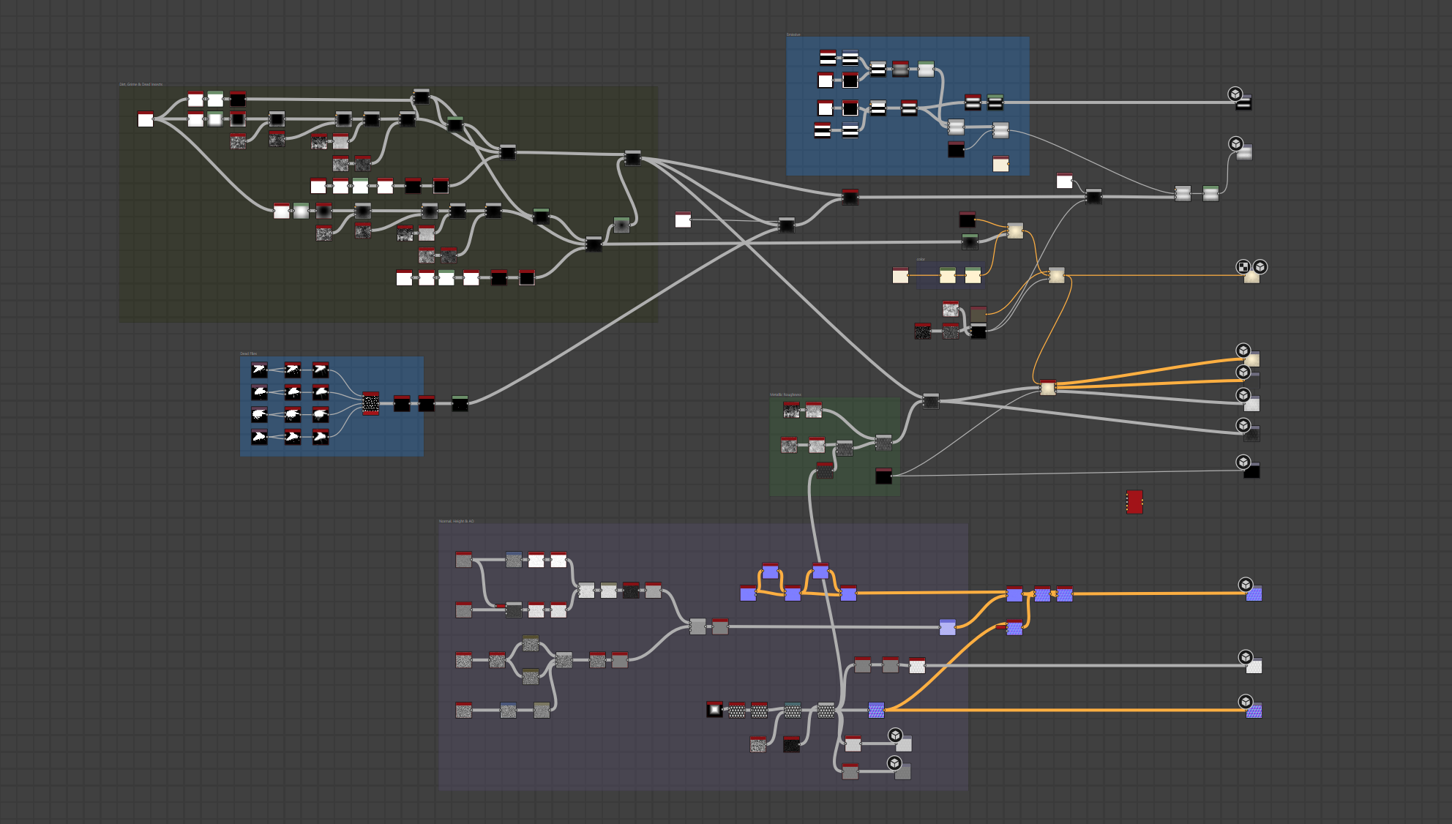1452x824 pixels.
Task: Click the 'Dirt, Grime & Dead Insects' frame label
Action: tap(141, 84)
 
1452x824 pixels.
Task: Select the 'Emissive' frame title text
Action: tap(793, 34)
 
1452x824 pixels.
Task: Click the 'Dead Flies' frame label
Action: tap(249, 353)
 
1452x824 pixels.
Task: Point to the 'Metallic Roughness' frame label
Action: tap(785, 394)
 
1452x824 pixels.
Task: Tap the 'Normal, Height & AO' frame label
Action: tap(457, 521)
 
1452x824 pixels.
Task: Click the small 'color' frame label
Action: tap(921, 259)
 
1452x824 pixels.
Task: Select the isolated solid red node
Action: tap(1134, 502)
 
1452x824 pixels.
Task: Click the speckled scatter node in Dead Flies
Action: tap(371, 403)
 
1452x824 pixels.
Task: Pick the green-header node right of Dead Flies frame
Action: tap(460, 403)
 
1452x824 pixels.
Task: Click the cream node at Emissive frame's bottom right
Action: tap(1000, 164)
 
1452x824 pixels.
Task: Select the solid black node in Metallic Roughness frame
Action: tap(883, 476)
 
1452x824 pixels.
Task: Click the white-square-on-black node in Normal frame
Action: tap(714, 709)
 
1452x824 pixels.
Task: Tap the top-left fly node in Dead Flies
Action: tap(259, 370)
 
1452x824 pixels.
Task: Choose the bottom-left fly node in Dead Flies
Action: tap(259, 438)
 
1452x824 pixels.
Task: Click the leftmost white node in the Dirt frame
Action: tap(146, 119)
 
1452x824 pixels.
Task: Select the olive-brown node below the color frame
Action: tap(978, 314)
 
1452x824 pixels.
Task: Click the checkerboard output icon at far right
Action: tap(1243, 267)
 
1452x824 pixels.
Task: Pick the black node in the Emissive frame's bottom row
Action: tap(956, 149)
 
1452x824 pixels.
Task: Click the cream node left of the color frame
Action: tap(900, 275)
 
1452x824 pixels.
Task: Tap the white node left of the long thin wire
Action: tap(683, 220)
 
